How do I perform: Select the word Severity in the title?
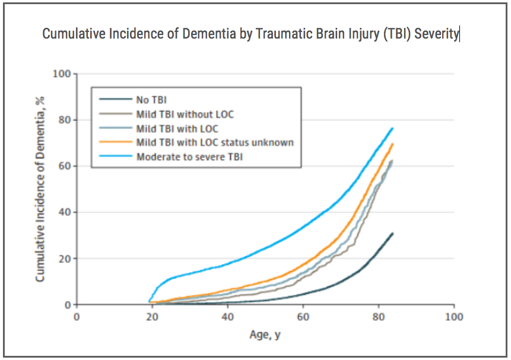pyautogui.click(x=436, y=34)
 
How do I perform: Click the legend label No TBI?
pyautogui.click(x=151, y=100)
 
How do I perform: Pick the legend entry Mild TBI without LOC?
pyautogui.click(x=185, y=114)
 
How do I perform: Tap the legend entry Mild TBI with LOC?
pyautogui.click(x=177, y=128)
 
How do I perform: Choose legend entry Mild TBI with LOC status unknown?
pyautogui.click(x=215, y=142)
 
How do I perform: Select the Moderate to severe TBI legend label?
pyautogui.click(x=189, y=157)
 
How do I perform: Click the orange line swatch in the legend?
pyautogui.click(x=116, y=142)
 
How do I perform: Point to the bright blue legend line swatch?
pyautogui.click(x=116, y=157)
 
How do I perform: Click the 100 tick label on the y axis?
pyautogui.click(x=62, y=74)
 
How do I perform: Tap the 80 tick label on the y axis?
pyautogui.click(x=65, y=120)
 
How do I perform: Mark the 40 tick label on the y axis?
pyautogui.click(x=65, y=212)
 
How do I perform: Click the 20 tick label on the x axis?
pyautogui.click(x=152, y=317)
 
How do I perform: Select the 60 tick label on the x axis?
pyautogui.click(x=303, y=317)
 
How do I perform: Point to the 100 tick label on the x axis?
pyautogui.click(x=454, y=317)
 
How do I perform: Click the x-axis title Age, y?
pyautogui.click(x=265, y=334)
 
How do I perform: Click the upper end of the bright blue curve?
pyautogui.click(x=393, y=128)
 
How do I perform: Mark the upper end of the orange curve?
pyautogui.click(x=393, y=144)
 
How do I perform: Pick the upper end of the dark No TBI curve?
pyautogui.click(x=393, y=233)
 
